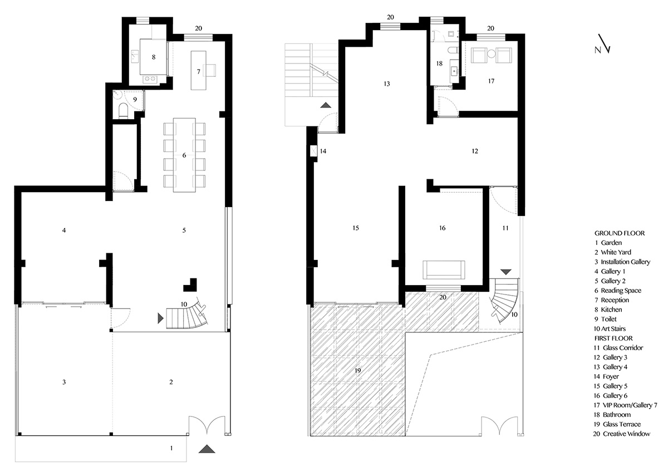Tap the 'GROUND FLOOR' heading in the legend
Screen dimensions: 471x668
(620, 233)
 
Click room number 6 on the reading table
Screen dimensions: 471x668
(184, 155)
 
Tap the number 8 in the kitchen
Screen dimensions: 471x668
(153, 57)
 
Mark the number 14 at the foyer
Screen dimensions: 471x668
(323, 151)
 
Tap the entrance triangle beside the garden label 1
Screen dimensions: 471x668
(207, 449)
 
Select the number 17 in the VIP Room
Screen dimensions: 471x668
(491, 81)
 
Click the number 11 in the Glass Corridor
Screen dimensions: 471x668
(505, 228)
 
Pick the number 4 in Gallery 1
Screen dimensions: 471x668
(65, 230)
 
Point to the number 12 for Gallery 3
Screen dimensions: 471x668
(475, 151)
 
